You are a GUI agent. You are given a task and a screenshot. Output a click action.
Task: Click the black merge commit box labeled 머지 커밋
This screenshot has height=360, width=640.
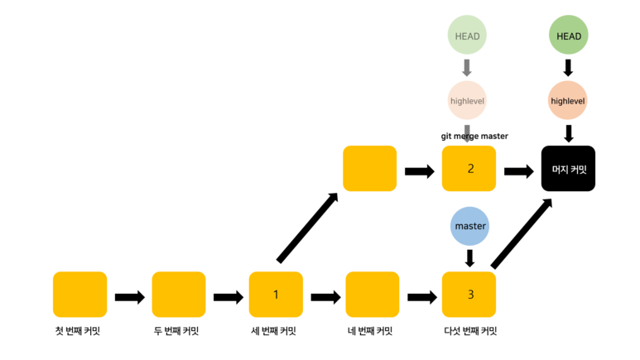[x=568, y=169]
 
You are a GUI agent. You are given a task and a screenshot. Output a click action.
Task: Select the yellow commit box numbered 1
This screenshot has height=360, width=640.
[x=276, y=295]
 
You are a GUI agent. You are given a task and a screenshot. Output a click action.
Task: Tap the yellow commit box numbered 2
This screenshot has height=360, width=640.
[x=469, y=169]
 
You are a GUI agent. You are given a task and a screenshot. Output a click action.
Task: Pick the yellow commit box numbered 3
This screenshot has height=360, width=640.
[x=469, y=295]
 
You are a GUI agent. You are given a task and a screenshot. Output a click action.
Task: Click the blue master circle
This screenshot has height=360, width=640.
[x=469, y=225]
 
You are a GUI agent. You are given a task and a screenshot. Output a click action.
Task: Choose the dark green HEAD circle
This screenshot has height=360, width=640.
[x=568, y=36]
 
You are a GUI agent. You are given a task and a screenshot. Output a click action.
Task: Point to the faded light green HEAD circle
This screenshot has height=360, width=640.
[x=467, y=36]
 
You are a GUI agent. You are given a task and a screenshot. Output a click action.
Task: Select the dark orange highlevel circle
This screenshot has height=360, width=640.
[x=568, y=101]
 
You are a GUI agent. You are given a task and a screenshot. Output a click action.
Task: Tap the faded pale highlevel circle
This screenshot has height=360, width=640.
[x=467, y=101]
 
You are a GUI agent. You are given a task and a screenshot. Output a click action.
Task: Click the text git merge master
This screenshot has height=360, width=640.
[x=474, y=136]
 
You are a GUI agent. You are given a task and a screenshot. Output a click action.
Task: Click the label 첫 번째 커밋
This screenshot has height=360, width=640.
[x=79, y=331]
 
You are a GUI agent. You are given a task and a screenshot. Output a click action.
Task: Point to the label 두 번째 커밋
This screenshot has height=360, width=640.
[x=177, y=331]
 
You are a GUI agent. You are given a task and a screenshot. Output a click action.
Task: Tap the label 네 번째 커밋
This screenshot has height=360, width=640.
[x=371, y=331]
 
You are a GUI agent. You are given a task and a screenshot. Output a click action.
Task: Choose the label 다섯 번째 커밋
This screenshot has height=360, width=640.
[x=470, y=331]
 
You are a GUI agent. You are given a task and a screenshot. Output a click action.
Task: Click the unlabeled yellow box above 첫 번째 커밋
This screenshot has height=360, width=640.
[x=79, y=295]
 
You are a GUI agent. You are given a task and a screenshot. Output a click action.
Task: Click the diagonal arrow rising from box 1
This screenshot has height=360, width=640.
[x=307, y=228]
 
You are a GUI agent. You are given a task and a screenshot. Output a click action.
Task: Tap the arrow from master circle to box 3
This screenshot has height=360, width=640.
[x=469, y=257]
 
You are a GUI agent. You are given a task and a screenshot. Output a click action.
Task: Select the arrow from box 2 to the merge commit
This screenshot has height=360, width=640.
[x=519, y=171]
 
